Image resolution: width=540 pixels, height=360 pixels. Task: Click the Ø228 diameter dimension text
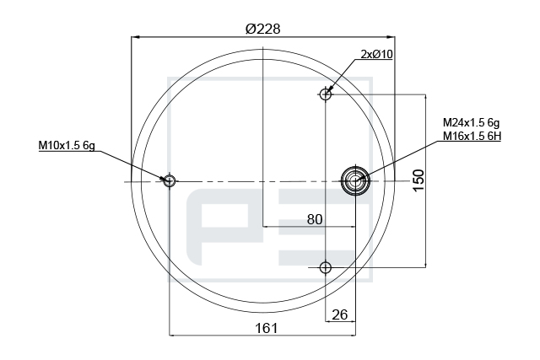coord(262,29)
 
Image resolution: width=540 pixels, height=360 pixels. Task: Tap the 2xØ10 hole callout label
coord(376,54)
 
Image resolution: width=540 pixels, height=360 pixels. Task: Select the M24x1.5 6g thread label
coord(471,122)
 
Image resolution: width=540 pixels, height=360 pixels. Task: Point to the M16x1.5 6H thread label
coord(472,137)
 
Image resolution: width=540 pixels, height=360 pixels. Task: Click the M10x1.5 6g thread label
coord(67,145)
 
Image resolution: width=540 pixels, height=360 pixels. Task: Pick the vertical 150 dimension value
coord(418,180)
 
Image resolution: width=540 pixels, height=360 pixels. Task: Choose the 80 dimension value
coord(315,219)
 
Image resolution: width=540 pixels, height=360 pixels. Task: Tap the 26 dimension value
coord(339,314)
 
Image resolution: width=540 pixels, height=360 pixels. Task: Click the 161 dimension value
coord(267,328)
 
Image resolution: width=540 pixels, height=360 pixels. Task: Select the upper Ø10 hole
coord(325,94)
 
